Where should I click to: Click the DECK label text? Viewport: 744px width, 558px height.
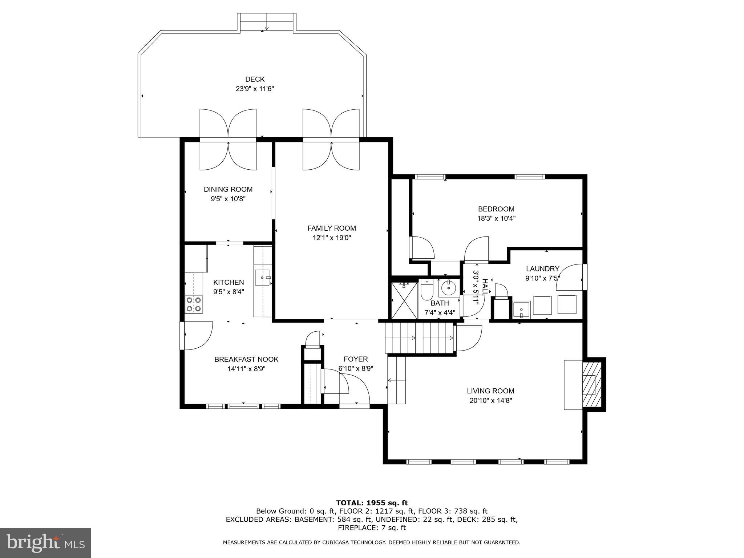[x=255, y=79]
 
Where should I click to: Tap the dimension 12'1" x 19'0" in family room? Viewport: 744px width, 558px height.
[x=332, y=238]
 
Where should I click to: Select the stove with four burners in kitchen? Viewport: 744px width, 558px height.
[x=194, y=304]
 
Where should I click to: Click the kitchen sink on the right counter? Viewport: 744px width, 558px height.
[x=263, y=277]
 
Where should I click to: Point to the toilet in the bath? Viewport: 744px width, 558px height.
[x=427, y=290]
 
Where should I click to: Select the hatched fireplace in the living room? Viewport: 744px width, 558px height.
[x=592, y=385]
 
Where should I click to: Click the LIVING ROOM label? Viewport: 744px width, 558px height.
[x=490, y=391]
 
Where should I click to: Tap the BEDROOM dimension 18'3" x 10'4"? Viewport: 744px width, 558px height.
[x=496, y=219]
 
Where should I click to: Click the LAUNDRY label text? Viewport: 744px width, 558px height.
[x=542, y=269]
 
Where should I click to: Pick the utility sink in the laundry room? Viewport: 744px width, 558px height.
[x=521, y=310]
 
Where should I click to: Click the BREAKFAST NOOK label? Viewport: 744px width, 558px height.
[x=246, y=359]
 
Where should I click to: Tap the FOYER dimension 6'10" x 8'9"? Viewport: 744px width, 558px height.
[x=356, y=368]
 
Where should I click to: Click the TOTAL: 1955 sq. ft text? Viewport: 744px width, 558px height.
[x=372, y=503]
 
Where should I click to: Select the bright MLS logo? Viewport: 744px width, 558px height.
[x=45, y=543]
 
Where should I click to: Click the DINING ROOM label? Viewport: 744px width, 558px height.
[x=228, y=189]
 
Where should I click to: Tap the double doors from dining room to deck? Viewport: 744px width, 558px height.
[x=228, y=140]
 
